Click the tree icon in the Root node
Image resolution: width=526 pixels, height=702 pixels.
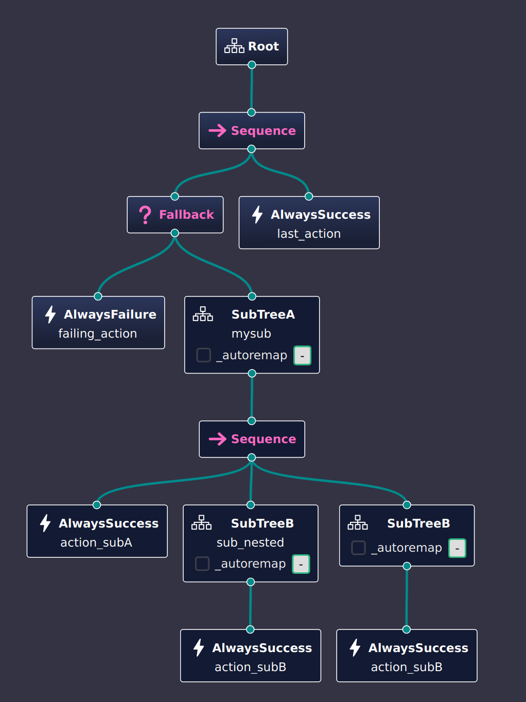tap(234, 46)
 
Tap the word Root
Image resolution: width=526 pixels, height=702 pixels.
tap(264, 46)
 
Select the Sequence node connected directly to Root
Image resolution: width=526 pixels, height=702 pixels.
tap(252, 131)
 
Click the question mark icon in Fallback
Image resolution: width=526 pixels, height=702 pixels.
tap(145, 215)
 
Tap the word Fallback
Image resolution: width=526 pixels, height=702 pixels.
tap(186, 215)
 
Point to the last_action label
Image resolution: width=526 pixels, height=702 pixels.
tap(309, 234)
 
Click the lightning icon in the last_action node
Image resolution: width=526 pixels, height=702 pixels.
tap(257, 215)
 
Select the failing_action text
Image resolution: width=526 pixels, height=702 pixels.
tap(98, 334)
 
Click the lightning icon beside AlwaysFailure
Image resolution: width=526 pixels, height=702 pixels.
tap(50, 314)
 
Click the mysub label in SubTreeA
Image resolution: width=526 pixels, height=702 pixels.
tap(251, 334)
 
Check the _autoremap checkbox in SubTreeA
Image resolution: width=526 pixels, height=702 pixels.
tap(204, 355)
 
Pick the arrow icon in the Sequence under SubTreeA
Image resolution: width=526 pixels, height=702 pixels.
tap(217, 439)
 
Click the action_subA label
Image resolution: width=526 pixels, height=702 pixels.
tap(96, 542)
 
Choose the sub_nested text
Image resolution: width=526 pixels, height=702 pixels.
tap(250, 542)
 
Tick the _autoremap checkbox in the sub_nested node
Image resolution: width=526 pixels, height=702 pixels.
tap(202, 564)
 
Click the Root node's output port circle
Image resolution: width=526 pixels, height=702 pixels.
tap(252, 65)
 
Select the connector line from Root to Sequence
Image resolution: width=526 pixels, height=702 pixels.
tap(252, 89)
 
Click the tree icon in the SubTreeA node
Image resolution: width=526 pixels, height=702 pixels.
tap(203, 314)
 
